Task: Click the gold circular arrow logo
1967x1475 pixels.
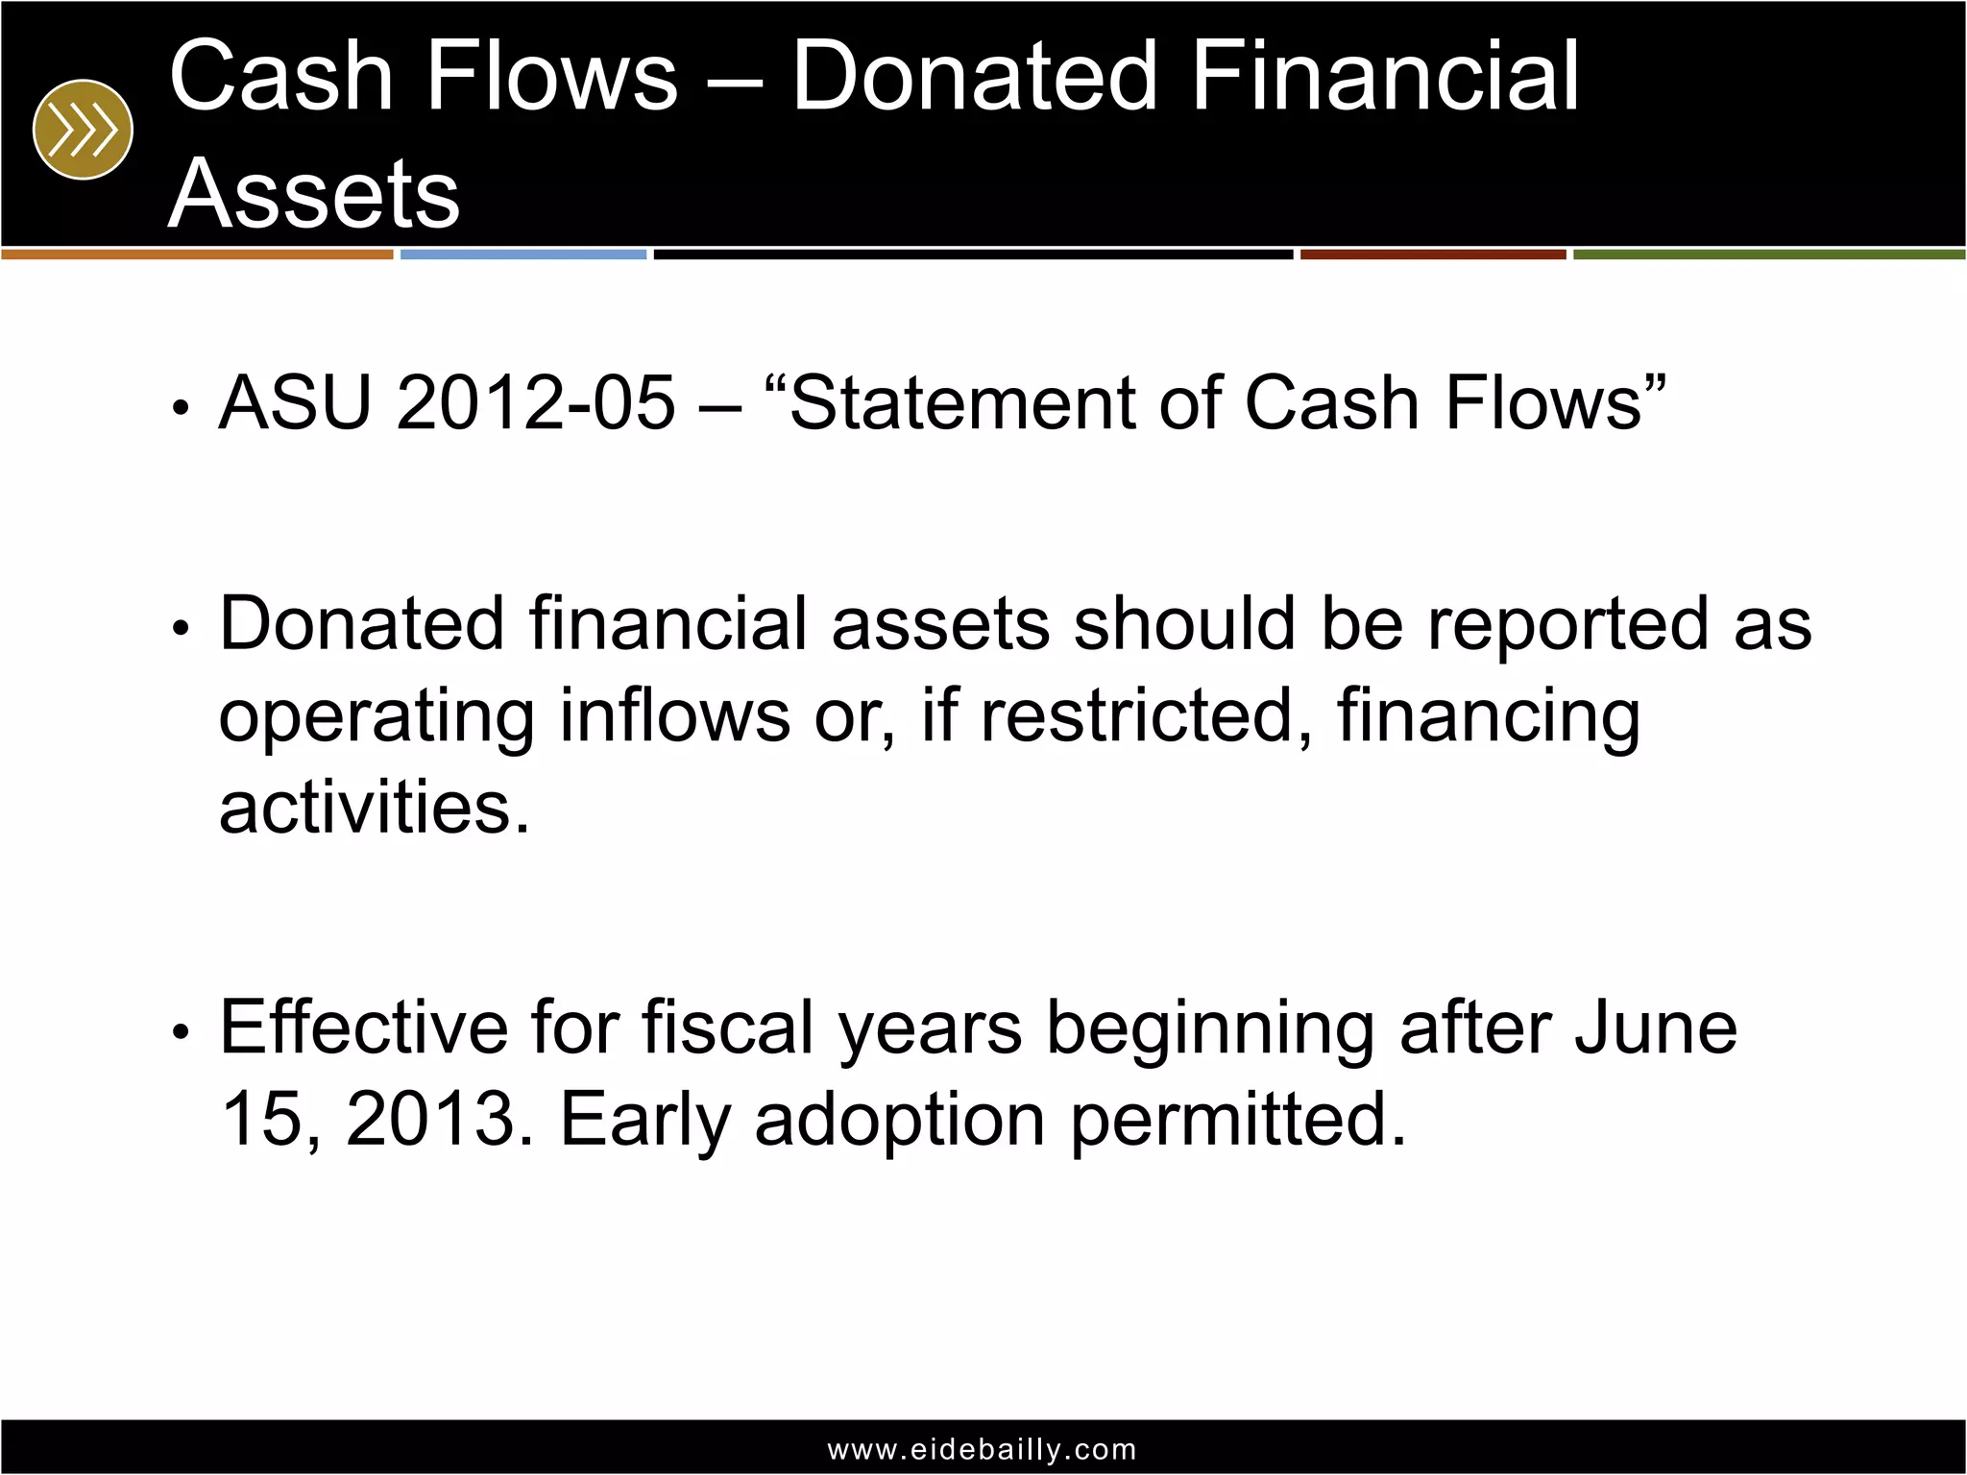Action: click(83, 130)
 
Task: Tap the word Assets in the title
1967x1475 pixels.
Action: click(314, 194)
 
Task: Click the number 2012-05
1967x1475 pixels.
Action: click(536, 402)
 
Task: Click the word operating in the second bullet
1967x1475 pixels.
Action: click(376, 717)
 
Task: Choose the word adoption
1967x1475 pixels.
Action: click(900, 1121)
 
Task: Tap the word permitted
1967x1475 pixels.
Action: click(1238, 1119)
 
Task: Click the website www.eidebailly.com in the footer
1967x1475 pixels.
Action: click(983, 1449)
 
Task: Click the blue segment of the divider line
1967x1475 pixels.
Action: click(523, 254)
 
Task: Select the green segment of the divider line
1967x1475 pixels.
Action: click(1768, 254)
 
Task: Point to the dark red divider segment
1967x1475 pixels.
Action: click(1433, 254)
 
